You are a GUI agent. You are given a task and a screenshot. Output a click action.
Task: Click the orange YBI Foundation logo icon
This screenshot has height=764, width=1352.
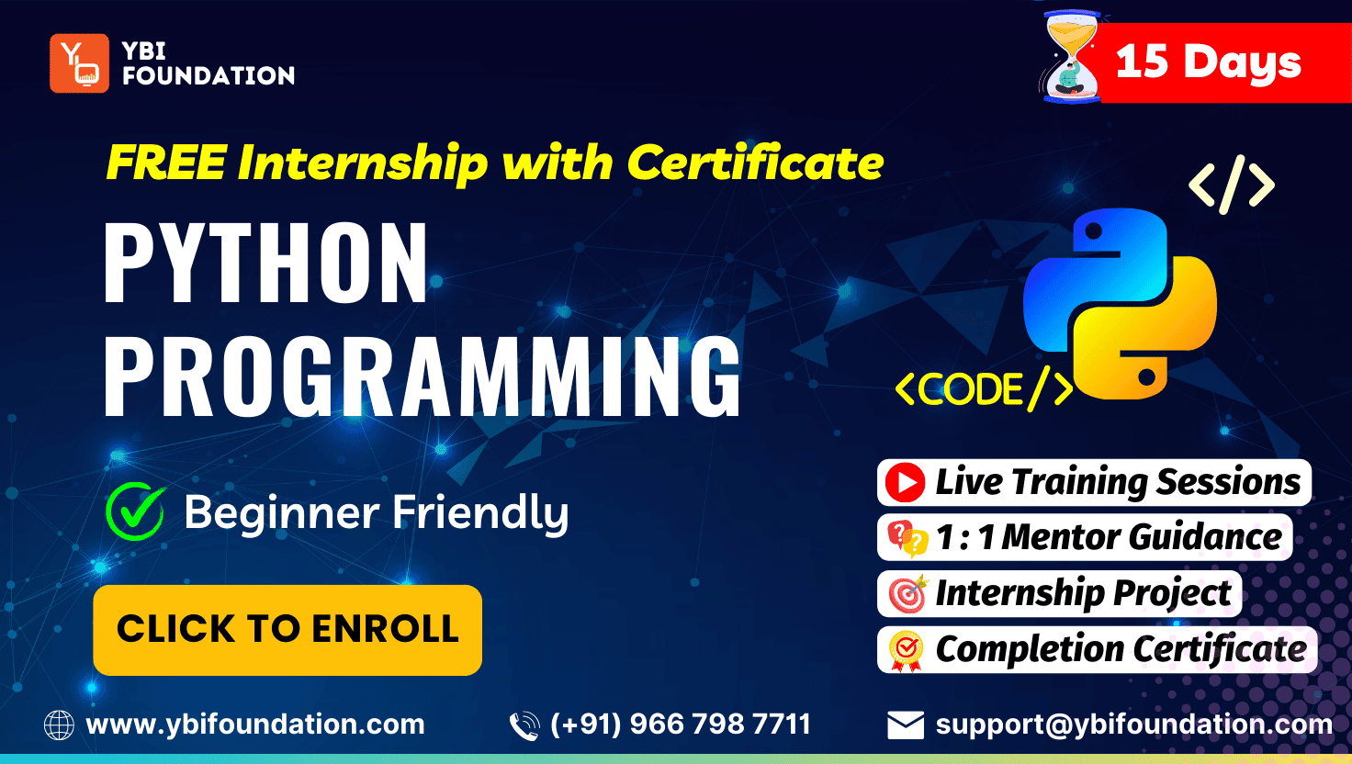coord(79,63)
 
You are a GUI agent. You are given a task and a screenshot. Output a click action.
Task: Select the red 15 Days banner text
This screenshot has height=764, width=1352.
coord(1209,62)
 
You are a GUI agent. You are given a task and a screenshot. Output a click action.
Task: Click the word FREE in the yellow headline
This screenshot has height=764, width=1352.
coord(166,163)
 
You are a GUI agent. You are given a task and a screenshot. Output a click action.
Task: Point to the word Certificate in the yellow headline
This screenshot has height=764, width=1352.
coord(756,163)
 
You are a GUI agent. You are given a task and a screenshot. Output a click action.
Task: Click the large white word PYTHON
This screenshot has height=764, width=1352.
coord(266,263)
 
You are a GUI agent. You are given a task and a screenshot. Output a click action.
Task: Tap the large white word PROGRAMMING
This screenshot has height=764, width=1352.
coord(422,376)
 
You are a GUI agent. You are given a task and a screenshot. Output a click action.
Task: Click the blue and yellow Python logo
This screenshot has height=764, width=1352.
coord(1120,304)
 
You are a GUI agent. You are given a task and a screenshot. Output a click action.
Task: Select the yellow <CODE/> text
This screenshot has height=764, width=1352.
coord(984,388)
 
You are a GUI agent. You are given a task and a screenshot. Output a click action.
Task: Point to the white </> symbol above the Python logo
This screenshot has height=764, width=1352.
coord(1232,185)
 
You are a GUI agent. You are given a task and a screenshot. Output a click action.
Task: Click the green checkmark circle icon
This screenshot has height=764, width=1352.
coord(135,511)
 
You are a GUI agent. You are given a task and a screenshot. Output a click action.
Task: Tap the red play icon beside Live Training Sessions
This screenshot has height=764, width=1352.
coord(905,483)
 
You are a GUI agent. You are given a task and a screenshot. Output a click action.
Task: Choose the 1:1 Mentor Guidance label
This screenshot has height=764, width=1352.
coord(1109,537)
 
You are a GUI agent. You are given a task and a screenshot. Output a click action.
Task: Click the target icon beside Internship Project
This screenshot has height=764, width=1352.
coord(907,594)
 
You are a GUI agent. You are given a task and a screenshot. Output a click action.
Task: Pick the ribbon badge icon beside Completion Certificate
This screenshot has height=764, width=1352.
coord(906,651)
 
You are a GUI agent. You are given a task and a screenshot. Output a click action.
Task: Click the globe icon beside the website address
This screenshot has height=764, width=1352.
coord(59,725)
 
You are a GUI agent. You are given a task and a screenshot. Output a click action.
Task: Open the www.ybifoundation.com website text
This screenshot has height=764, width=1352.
coord(255,725)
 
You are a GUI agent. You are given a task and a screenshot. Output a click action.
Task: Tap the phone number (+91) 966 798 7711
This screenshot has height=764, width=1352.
coord(681,725)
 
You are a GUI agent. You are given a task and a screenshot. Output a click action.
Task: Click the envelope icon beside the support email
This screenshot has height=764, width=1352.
coord(906,725)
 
